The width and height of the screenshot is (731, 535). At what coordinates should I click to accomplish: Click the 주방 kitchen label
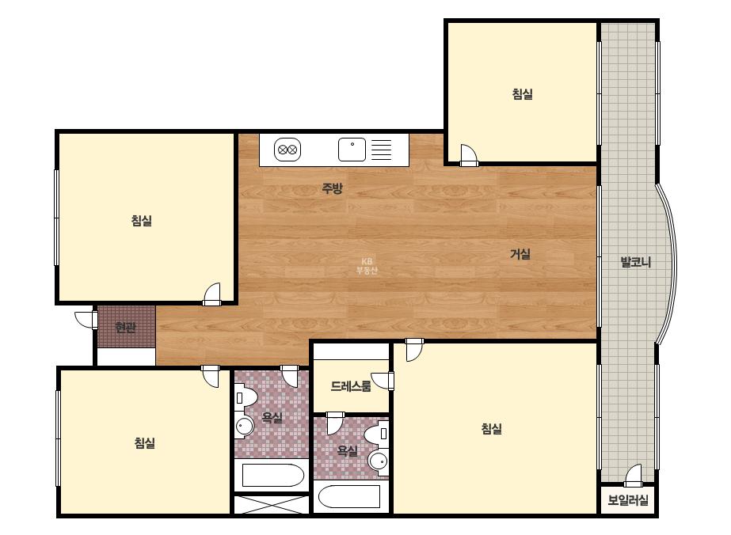point(333,188)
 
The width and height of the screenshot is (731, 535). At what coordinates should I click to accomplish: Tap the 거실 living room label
point(520,254)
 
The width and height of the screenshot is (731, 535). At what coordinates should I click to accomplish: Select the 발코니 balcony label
point(636,262)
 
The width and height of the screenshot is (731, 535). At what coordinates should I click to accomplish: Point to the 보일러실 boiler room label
point(628,500)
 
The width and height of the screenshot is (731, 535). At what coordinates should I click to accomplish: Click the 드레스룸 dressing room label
point(351,386)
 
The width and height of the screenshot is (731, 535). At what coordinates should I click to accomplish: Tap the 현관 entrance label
point(125,327)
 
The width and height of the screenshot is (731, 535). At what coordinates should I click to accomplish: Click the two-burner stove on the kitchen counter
point(287,150)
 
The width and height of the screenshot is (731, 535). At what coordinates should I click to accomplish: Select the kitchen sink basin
point(352,150)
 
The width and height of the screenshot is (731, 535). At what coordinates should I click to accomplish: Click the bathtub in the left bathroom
point(272,476)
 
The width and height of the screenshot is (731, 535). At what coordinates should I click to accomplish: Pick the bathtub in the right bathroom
point(349,498)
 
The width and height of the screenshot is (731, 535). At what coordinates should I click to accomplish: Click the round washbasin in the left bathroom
point(244,424)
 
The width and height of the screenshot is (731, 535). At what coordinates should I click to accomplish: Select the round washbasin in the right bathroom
point(378,462)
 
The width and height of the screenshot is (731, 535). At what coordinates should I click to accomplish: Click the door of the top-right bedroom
point(469,155)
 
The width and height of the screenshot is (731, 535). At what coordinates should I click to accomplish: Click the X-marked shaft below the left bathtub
point(272,505)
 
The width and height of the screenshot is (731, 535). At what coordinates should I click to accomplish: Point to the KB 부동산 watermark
point(367,266)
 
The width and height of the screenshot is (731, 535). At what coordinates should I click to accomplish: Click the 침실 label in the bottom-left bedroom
point(145,442)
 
